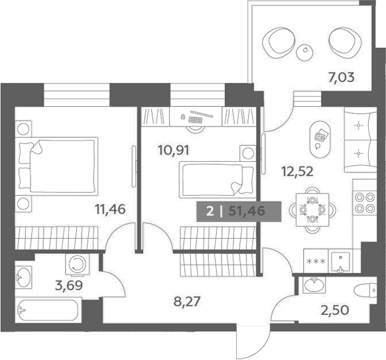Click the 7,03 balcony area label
pos(341,78)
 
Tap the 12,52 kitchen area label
pos(297,172)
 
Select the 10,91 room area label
pos(174,150)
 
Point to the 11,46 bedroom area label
pos(111,210)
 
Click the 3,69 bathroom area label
pos(69,286)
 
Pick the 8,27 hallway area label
pos(186,302)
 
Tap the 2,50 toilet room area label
pos(334,310)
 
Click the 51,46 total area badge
pos(239,211)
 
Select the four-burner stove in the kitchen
pos(365,202)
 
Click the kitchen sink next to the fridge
pos(340,263)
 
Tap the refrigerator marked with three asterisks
pos(316,261)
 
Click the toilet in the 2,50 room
pos(365,290)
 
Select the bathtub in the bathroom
pos(48,310)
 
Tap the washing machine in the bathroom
pos(78,264)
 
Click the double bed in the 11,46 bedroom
pos(56,164)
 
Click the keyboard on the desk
pos(195,119)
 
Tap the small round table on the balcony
pos(305,52)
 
